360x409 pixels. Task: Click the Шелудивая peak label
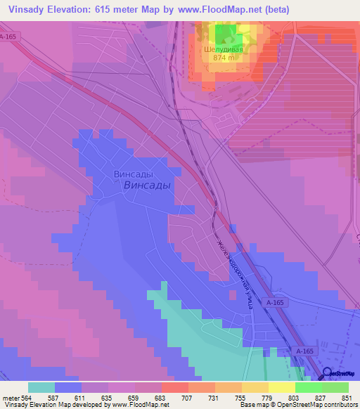(223, 50)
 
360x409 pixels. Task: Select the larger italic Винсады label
(146, 186)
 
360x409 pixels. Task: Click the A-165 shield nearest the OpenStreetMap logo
(304, 350)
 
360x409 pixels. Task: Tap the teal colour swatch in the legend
(41, 387)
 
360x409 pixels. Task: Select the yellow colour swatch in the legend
(281, 387)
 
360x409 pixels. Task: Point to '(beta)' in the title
(271, 9)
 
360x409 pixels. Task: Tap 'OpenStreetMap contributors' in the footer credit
(319, 405)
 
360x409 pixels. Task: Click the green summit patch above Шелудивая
(224, 34)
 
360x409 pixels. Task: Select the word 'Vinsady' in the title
(27, 9)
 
